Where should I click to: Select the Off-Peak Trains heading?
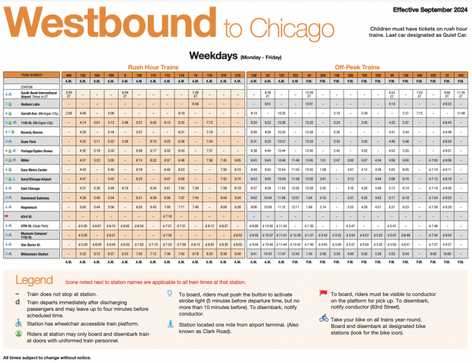point(356,66)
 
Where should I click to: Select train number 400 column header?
point(69,75)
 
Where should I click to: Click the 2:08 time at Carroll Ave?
point(69,114)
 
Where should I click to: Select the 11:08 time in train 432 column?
point(461,114)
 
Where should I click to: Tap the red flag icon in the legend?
point(323,294)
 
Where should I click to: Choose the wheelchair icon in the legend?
point(17,323)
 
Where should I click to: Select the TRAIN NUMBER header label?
point(33,75)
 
